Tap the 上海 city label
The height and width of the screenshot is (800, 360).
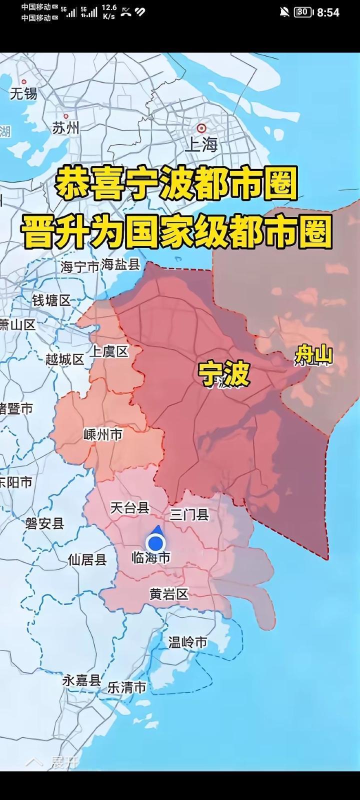point(201,144)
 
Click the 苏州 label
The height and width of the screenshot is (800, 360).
point(65,128)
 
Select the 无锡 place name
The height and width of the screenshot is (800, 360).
point(23,93)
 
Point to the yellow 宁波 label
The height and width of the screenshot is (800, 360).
point(223,373)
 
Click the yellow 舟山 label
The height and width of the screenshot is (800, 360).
point(313,355)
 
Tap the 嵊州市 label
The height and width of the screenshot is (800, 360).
point(103,434)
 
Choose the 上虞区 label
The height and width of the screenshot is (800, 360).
point(109,351)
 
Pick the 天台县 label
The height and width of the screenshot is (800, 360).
point(130,508)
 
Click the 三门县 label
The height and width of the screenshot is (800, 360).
point(189,514)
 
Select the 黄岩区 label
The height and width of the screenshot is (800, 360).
point(169,594)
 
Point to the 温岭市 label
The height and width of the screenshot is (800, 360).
point(187,642)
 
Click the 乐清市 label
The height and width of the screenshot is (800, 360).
point(127,687)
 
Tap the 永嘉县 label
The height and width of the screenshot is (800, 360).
point(81,680)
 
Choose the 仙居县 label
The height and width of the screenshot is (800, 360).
point(87,559)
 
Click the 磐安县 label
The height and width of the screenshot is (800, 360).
point(45,523)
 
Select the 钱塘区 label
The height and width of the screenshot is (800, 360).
point(51,300)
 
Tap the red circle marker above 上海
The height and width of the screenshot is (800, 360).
point(201,128)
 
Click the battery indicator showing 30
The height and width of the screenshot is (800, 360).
point(303,12)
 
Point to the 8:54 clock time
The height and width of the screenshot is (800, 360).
point(328,12)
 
